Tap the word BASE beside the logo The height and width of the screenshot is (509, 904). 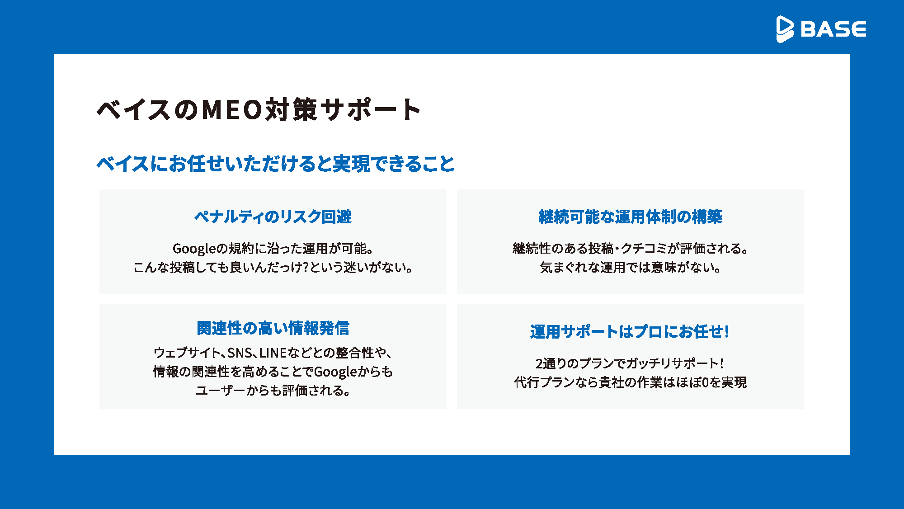(x=833, y=29)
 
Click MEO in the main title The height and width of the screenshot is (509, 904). (x=232, y=109)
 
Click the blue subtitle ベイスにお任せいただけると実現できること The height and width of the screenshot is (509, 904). (x=275, y=164)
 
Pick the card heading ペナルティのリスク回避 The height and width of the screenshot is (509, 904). (x=273, y=217)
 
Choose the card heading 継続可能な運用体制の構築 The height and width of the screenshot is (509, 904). (x=630, y=217)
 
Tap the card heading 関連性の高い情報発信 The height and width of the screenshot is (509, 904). (x=273, y=328)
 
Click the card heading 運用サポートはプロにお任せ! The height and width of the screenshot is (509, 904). (x=630, y=332)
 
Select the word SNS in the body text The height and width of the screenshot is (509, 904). (x=240, y=353)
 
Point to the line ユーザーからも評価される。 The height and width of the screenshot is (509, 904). (x=273, y=391)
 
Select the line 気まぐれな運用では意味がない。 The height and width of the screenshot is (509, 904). (x=630, y=268)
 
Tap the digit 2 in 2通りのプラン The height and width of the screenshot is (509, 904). (x=539, y=363)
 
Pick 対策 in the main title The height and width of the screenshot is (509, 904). (x=292, y=109)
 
